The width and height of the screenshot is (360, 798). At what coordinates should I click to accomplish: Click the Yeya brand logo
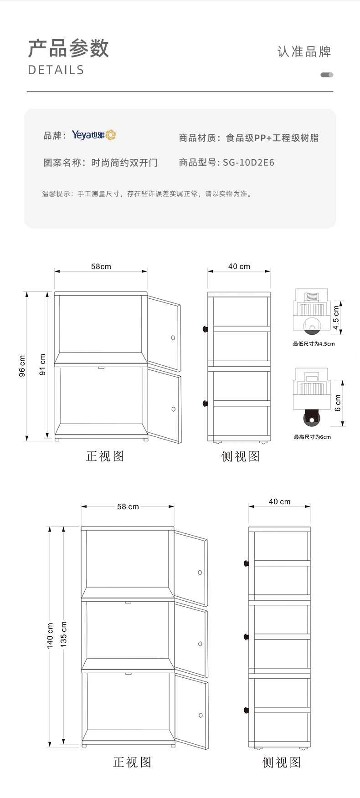pyautogui.click(x=94, y=135)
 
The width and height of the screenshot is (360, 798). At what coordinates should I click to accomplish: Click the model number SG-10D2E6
pyautogui.click(x=248, y=163)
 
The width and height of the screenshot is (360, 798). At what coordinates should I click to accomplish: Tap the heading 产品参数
pyautogui.click(x=68, y=48)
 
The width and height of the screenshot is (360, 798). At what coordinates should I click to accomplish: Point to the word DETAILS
pyautogui.click(x=56, y=70)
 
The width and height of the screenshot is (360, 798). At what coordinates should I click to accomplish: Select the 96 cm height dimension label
pyautogui.click(x=22, y=366)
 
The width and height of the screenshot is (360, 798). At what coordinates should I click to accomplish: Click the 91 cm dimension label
pyautogui.click(x=43, y=364)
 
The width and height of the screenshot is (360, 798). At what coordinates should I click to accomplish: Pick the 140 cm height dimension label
pyautogui.click(x=50, y=635)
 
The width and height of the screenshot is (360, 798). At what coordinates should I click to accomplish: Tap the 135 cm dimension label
pyautogui.click(x=64, y=634)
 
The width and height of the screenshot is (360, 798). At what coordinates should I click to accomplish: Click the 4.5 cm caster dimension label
pyautogui.click(x=336, y=317)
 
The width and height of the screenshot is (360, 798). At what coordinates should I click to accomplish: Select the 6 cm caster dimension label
pyautogui.click(x=338, y=403)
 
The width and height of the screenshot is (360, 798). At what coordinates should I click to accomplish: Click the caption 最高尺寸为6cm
pyautogui.click(x=312, y=437)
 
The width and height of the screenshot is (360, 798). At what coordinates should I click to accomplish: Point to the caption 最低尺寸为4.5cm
pyautogui.click(x=314, y=344)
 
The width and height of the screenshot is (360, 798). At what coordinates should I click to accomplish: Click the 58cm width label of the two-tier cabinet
pyautogui.click(x=101, y=266)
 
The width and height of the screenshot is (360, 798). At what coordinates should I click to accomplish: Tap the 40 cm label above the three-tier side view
pyautogui.click(x=279, y=501)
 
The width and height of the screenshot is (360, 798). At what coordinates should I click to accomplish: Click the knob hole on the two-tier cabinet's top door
pyautogui.click(x=173, y=338)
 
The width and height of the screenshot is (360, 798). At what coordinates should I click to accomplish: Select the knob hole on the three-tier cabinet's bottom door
pyautogui.click(x=201, y=715)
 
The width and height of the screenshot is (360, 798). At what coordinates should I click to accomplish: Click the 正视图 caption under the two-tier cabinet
pyautogui.click(x=105, y=456)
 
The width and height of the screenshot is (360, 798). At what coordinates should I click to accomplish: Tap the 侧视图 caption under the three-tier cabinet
pyautogui.click(x=282, y=762)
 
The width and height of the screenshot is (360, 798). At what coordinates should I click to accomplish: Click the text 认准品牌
pyautogui.click(x=304, y=51)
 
